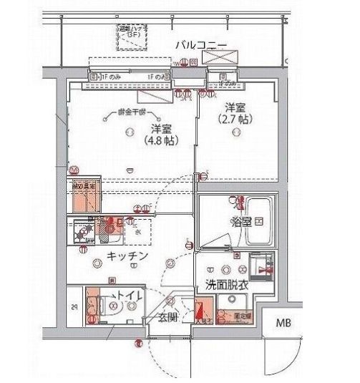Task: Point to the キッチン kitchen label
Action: (x=127, y=256)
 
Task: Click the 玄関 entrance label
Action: (x=169, y=317)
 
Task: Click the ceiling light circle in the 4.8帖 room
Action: (x=129, y=130)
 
